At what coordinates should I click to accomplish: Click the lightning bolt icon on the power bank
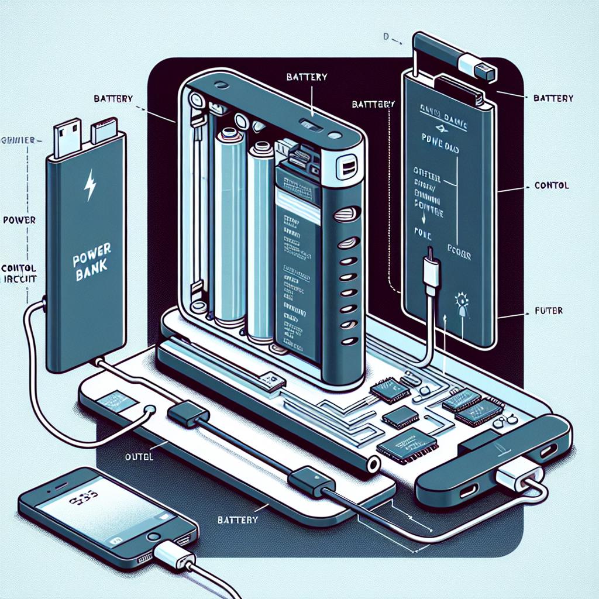click(x=91, y=185)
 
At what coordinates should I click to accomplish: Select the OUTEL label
click(x=139, y=457)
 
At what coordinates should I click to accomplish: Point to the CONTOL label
click(x=552, y=185)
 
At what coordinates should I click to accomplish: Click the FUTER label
click(x=549, y=311)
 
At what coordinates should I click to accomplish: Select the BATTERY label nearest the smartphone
click(x=237, y=519)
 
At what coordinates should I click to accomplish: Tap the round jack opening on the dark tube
click(x=371, y=466)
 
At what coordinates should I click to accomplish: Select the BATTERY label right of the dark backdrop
click(x=553, y=98)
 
